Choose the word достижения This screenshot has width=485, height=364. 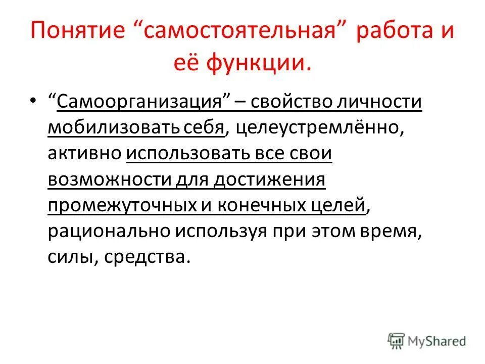tap(269, 179)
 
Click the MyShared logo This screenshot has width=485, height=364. tap(427, 341)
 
